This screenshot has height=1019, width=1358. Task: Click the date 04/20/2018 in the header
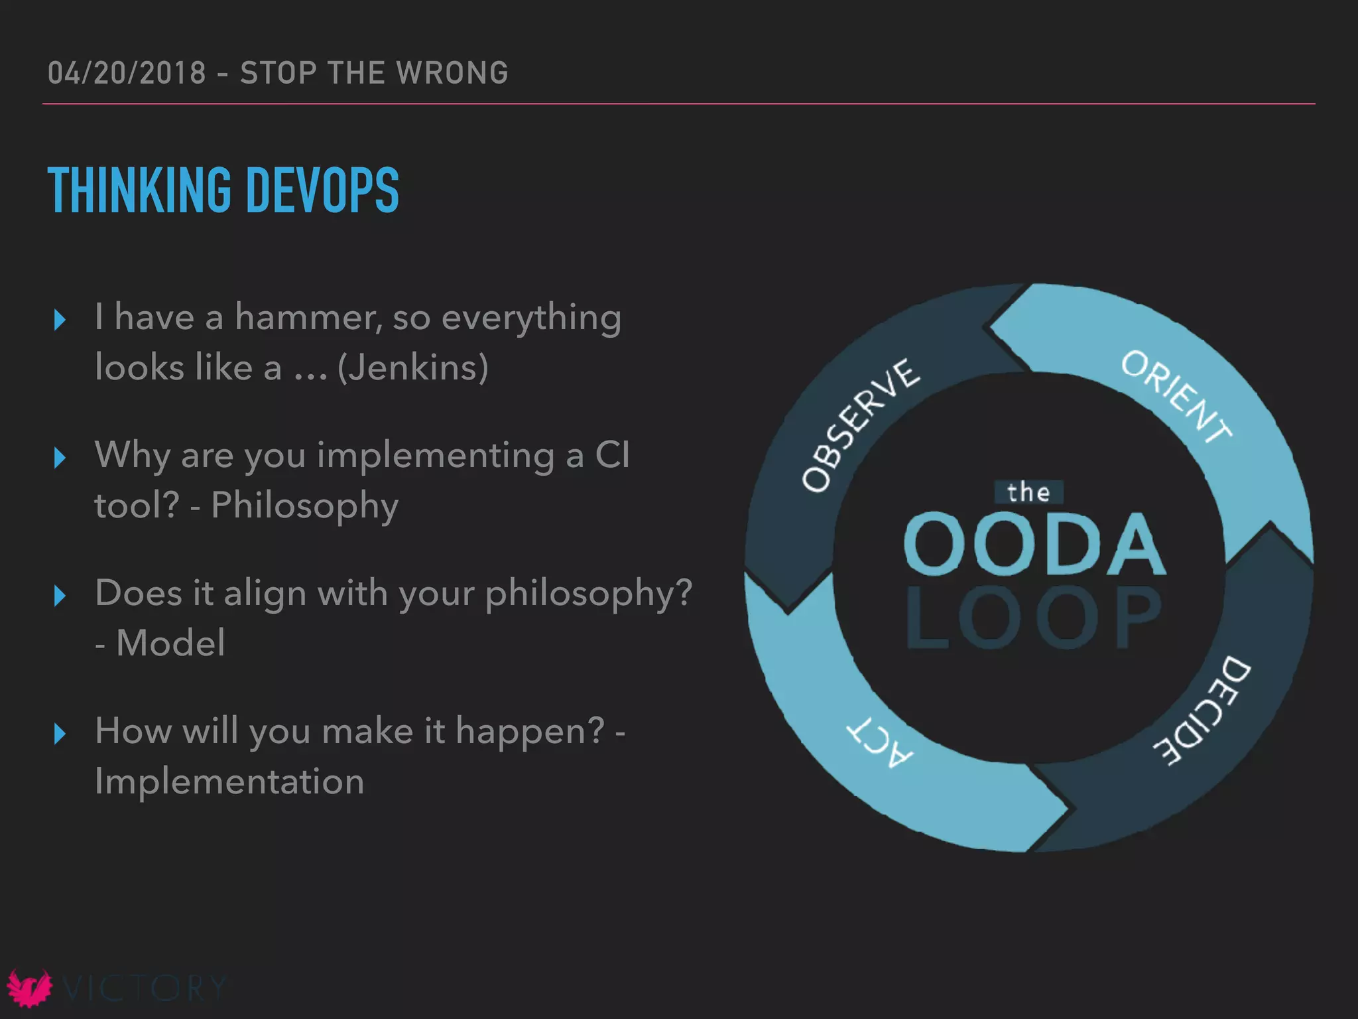(127, 73)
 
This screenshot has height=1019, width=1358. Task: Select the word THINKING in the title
(139, 190)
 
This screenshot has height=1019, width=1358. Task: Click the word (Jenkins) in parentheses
(412, 368)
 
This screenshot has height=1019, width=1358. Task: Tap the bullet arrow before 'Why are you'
(60, 458)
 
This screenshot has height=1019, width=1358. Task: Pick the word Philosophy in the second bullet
(304, 506)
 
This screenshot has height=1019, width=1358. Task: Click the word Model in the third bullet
(170, 643)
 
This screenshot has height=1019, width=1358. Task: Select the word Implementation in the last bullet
(229, 781)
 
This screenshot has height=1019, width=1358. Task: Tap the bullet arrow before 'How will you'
(60, 734)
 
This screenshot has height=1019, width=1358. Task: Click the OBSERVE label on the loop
(860, 425)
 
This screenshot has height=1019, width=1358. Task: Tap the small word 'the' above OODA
(1028, 492)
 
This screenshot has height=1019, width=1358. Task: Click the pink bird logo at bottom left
(29, 988)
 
